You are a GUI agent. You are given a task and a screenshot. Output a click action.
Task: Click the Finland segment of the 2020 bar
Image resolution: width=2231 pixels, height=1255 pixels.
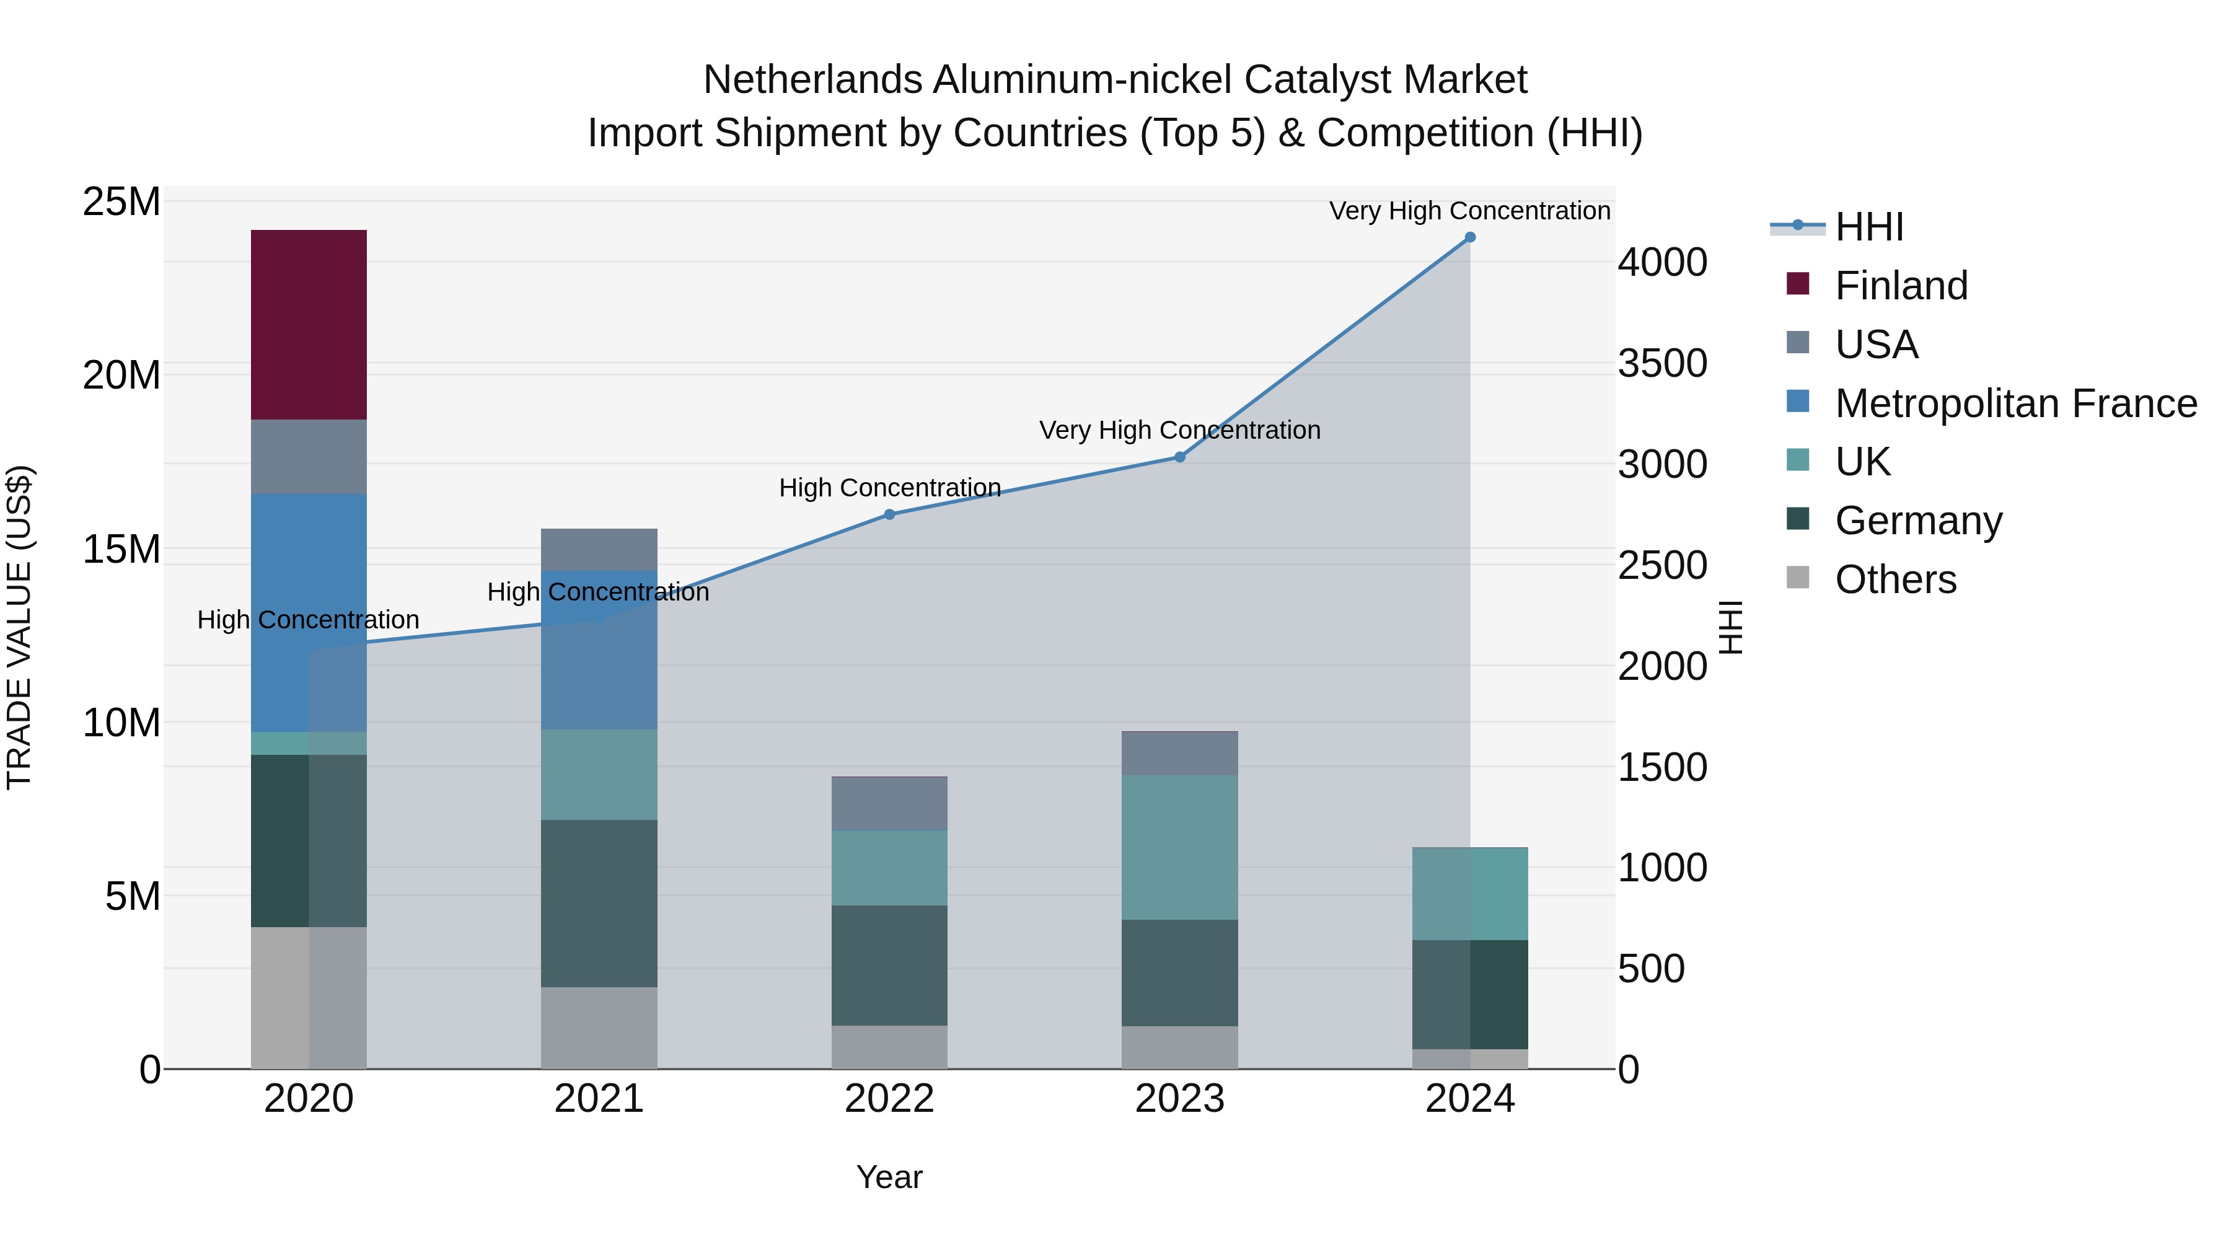(309, 325)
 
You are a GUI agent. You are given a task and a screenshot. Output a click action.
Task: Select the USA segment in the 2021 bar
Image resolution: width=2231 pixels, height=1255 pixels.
(599, 549)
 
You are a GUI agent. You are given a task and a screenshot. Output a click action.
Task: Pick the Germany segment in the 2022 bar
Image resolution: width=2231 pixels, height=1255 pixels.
(889, 965)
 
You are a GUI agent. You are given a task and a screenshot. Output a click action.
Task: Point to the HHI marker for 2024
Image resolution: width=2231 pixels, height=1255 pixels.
(1470, 237)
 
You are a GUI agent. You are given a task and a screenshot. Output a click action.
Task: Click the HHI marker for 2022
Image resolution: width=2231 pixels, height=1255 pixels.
(889, 514)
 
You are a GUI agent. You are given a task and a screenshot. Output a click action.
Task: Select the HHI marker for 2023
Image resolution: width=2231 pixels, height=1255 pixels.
(1179, 456)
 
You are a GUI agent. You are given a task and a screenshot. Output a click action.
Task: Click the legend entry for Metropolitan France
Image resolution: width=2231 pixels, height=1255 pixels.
(2015, 403)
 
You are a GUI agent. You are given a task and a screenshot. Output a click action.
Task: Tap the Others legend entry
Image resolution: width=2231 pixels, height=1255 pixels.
(1895, 579)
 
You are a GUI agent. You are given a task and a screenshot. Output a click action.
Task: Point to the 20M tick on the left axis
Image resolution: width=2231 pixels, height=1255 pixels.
(121, 375)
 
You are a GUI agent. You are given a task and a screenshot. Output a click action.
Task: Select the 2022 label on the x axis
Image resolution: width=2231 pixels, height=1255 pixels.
(889, 1099)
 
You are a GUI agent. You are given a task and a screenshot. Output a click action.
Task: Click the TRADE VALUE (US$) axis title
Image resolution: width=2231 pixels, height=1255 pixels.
(19, 627)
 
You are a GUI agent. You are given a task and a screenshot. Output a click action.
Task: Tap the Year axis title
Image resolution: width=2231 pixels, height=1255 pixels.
(889, 1177)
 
